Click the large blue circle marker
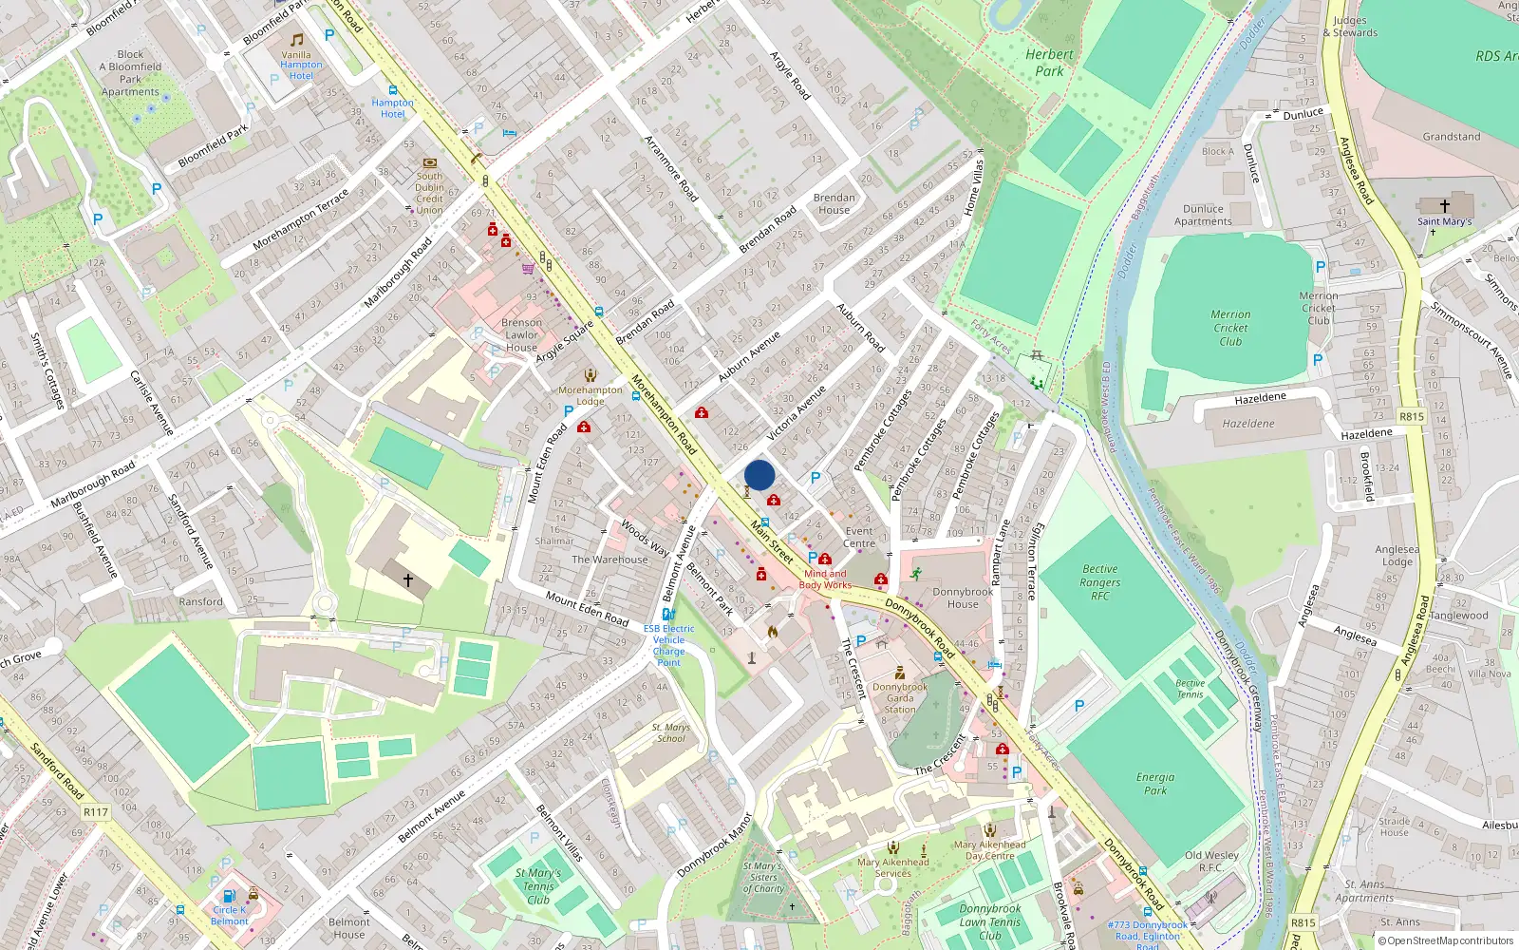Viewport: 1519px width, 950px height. [x=759, y=475]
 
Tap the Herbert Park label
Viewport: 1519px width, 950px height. [x=1049, y=63]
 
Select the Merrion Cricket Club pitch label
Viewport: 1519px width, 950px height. [x=1230, y=328]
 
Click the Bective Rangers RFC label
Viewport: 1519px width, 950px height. [x=1099, y=582]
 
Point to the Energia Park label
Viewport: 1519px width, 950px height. [x=1155, y=783]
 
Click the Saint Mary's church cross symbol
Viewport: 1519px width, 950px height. [x=1445, y=205]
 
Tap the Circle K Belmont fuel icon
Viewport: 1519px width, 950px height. [x=229, y=895]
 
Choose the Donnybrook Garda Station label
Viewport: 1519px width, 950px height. [x=900, y=698]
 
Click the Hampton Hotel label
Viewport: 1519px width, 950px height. [x=393, y=108]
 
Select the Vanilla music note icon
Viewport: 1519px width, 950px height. [x=297, y=40]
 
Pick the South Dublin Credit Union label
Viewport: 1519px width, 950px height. [x=429, y=193]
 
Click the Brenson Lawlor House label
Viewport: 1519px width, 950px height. [x=521, y=335]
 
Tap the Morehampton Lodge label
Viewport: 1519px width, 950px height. [x=591, y=395]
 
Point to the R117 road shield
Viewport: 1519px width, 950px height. [x=96, y=812]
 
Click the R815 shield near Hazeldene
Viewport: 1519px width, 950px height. [x=1412, y=416]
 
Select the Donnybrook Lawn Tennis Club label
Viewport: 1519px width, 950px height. [x=990, y=921]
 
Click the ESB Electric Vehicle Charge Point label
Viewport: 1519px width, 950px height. [x=669, y=645]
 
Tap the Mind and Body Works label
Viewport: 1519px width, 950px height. [x=824, y=579]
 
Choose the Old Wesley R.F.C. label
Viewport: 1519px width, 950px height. [x=1211, y=861]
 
